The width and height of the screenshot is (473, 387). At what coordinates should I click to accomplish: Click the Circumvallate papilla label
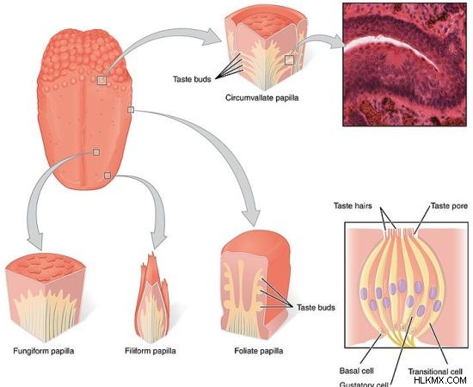tap(261, 98)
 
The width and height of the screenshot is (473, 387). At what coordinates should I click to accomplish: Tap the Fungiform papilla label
tap(44, 351)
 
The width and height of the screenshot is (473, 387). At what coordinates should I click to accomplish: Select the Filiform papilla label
tap(150, 351)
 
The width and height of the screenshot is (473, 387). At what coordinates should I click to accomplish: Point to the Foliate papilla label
tap(259, 351)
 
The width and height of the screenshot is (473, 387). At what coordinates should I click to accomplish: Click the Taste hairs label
tap(353, 206)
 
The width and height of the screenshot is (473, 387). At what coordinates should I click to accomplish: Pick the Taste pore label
tap(450, 206)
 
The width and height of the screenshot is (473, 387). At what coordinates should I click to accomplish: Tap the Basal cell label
tap(357, 371)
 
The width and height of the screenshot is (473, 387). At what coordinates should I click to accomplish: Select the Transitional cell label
tap(435, 372)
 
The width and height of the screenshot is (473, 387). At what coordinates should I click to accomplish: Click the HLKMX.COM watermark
tap(440, 380)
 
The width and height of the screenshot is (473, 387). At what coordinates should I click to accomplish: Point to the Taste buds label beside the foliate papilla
tap(316, 307)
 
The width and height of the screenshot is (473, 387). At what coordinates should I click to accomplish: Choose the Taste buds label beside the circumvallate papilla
tap(192, 79)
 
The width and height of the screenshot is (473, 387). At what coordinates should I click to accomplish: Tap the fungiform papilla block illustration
tap(46, 298)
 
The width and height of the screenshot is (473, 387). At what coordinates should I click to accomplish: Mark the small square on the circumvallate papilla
tap(289, 60)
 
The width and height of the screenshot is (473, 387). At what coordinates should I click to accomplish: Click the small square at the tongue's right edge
tap(131, 110)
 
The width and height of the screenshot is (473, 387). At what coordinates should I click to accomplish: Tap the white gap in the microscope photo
tap(392, 51)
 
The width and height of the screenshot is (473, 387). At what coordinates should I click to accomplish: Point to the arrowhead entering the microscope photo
tap(336, 41)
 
